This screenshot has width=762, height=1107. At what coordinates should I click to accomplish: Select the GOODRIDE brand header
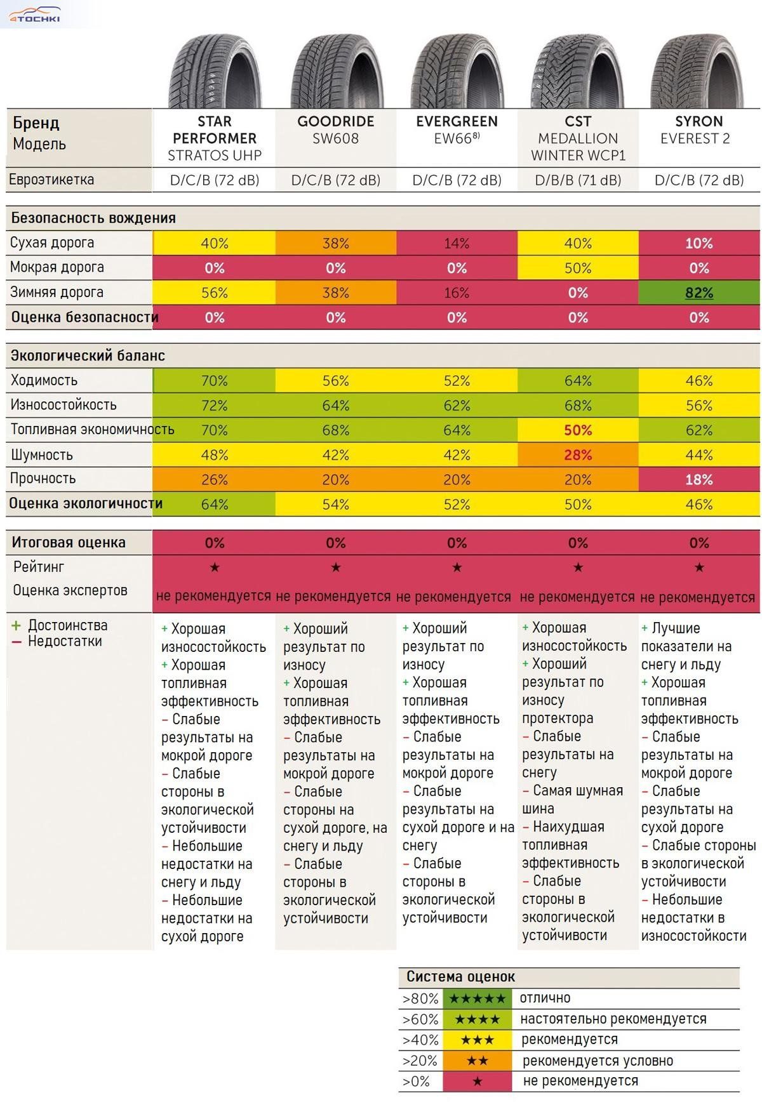(335, 121)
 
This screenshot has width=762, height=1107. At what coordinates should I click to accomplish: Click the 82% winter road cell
(698, 293)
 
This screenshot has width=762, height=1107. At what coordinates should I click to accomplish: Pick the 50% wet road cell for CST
(577, 268)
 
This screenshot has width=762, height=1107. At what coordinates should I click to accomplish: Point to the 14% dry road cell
(457, 243)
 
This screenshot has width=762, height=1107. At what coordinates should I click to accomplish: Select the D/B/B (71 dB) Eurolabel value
(577, 180)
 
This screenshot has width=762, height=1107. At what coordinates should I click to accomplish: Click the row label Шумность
(42, 454)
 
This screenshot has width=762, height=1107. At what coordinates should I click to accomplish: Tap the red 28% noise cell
(577, 455)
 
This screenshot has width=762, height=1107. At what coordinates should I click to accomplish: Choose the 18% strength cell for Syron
(698, 480)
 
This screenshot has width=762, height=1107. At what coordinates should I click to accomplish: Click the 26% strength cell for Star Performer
(215, 480)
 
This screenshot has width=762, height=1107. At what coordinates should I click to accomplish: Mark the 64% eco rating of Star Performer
(215, 505)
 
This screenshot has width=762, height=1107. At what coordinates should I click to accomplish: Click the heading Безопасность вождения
(93, 218)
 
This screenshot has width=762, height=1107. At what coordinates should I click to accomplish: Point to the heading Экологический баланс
(88, 355)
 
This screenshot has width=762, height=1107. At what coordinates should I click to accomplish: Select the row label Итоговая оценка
(69, 543)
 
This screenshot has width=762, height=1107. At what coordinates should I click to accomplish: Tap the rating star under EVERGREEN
(457, 567)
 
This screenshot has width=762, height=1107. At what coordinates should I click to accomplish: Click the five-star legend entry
(478, 998)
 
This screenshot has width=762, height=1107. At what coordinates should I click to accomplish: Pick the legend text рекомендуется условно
(598, 1061)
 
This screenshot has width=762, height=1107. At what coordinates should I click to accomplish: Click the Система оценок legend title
(460, 976)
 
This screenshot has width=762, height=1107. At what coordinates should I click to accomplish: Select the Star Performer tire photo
(215, 71)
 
